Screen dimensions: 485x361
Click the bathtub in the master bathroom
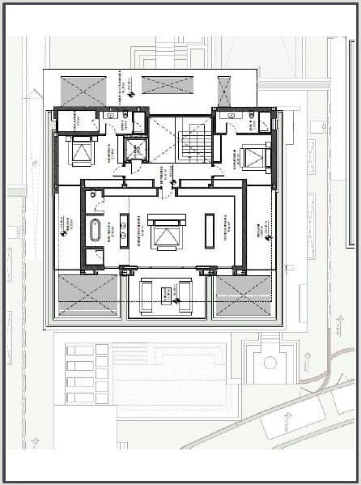[95, 230]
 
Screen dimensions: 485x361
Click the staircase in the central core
[196, 143]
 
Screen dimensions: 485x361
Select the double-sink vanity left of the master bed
[124, 229]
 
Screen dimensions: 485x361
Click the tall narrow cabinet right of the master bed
[210, 230]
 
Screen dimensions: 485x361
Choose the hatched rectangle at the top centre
[168, 84]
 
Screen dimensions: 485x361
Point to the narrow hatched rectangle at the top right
[224, 91]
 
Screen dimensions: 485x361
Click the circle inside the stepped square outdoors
[270, 362]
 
